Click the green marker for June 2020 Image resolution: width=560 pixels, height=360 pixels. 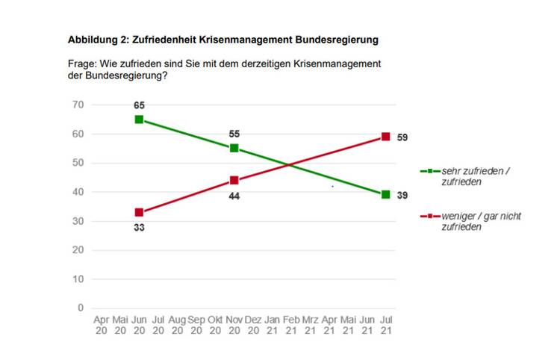(139, 120)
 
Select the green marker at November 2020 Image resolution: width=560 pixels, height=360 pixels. (234, 148)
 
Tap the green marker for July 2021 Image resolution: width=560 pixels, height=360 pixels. (385, 194)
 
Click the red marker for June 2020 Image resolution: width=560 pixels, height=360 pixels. (139, 212)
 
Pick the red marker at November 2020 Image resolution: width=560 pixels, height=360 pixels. (234, 180)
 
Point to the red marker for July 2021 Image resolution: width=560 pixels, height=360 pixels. (385, 137)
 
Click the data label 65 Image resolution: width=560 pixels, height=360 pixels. (139, 106)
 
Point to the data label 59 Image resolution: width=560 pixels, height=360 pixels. (402, 137)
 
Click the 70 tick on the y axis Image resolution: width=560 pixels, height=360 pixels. (78, 105)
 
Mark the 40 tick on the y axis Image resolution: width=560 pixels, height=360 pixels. (78, 192)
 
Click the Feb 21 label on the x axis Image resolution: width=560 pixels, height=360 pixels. (291, 325)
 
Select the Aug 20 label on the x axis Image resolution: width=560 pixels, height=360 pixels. (177, 325)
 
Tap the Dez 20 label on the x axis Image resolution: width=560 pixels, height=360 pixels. (253, 325)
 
